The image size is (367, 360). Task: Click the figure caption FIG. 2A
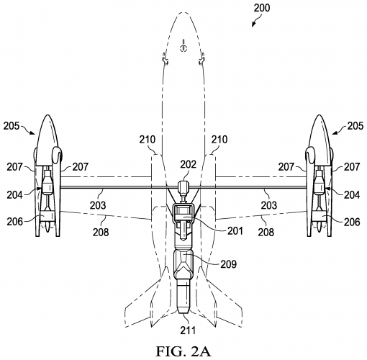183,350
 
